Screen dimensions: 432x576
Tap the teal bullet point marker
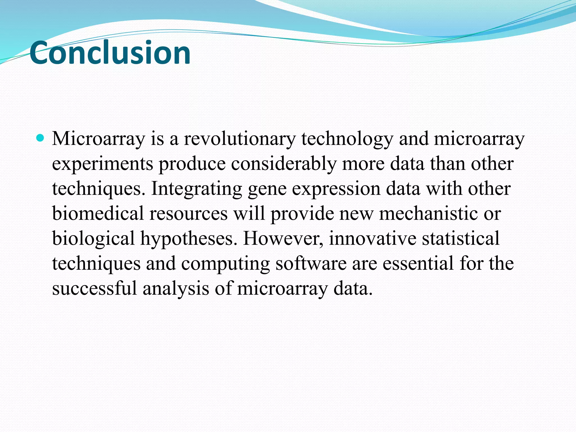40,138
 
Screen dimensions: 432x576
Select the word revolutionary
240,139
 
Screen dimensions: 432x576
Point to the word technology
347,139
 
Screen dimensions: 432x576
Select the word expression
336,189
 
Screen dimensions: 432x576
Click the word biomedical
98,214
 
